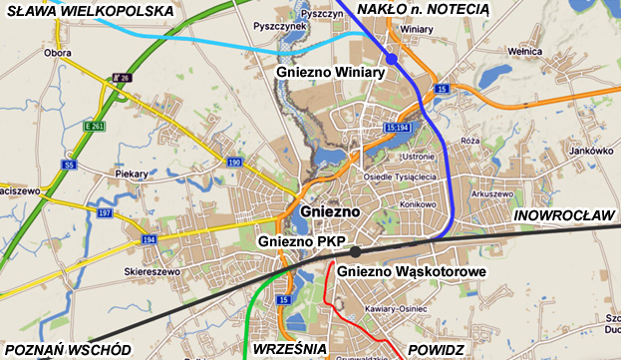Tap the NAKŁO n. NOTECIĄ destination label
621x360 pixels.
tap(422, 9)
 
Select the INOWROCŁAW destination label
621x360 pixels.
tap(563, 215)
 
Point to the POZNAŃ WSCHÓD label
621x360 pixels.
tap(68, 349)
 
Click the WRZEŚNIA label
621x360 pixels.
tap(290, 349)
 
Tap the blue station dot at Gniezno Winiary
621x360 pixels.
tap(392, 61)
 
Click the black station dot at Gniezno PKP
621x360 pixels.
tap(356, 251)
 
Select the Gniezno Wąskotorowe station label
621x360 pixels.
tap(411, 270)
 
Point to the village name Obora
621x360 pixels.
tap(59, 52)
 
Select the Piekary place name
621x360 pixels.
tap(131, 174)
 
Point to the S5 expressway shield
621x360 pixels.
tap(69, 163)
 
